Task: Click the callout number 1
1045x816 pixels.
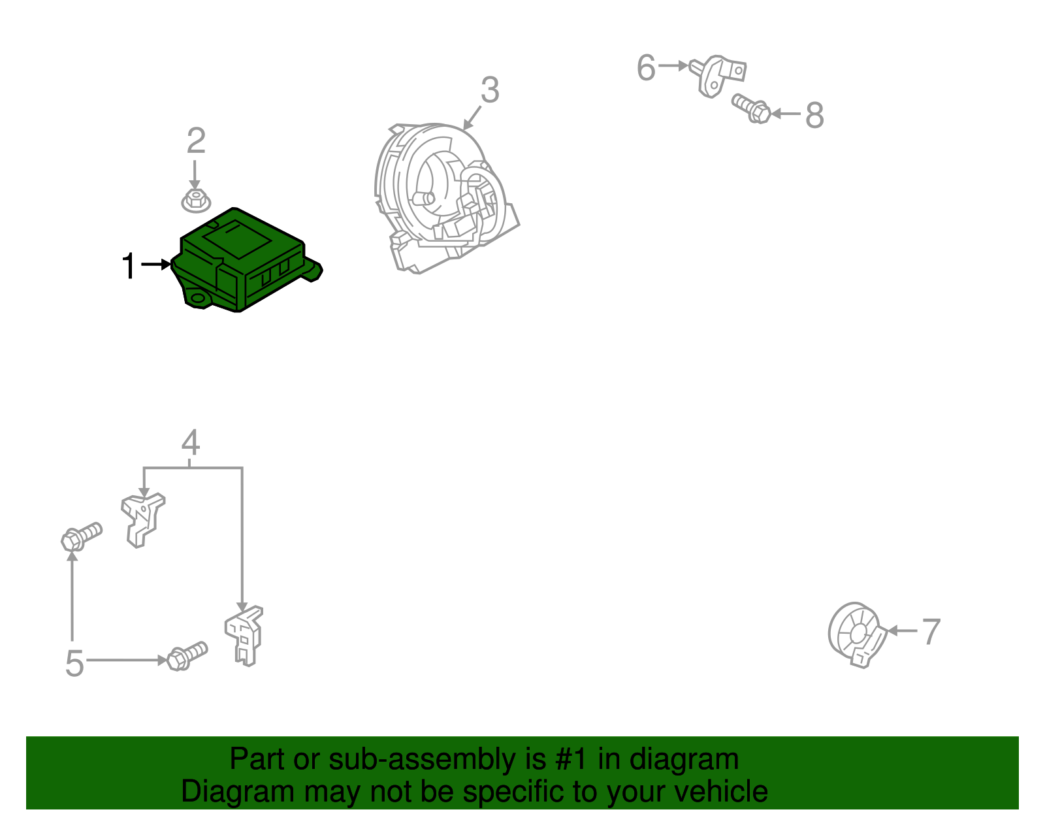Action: [x=129, y=266]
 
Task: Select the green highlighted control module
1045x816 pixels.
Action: [x=245, y=261]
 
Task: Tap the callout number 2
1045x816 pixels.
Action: [x=196, y=140]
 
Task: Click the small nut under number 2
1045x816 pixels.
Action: [x=195, y=200]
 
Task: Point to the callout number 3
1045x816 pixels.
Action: [x=490, y=90]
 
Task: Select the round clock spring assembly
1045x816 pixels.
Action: [x=444, y=196]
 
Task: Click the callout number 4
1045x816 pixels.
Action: [x=190, y=442]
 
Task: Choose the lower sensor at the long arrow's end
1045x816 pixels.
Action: [x=244, y=635]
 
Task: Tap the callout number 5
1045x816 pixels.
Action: [x=74, y=664]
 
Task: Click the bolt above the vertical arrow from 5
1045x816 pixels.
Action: [x=81, y=536]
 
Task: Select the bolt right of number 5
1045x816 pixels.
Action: [x=187, y=655]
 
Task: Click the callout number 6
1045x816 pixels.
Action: [x=646, y=68]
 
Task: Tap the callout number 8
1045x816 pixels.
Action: [x=814, y=116]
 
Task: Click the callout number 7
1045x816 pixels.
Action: [x=931, y=632]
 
